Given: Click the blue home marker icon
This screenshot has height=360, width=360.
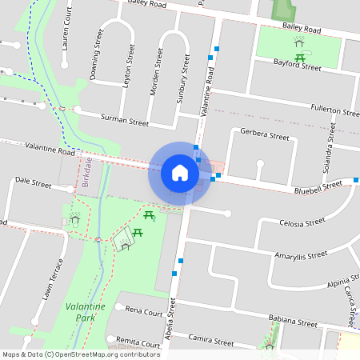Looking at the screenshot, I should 179,172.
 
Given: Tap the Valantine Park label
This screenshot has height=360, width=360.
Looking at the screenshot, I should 85,312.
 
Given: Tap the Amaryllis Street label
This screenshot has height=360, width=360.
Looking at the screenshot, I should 301,255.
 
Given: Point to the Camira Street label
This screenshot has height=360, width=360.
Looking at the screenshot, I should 211,342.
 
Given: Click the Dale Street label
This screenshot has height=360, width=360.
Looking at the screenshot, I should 33,184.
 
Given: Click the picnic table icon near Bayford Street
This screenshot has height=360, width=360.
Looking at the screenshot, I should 301,57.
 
